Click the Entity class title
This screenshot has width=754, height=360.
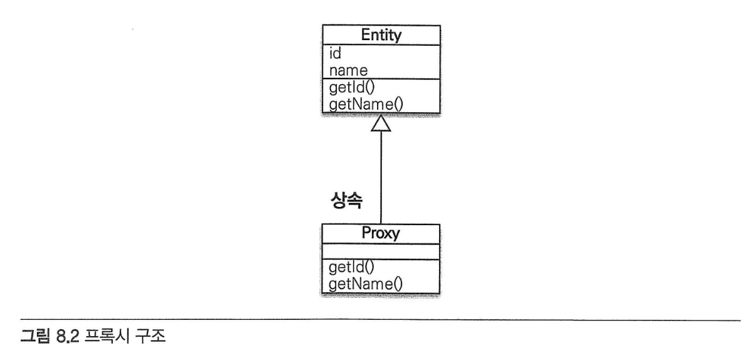click(381, 35)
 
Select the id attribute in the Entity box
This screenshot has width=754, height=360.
click(335, 53)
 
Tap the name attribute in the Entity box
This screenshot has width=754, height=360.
click(348, 71)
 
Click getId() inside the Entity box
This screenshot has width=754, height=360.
click(352, 88)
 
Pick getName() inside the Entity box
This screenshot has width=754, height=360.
click(366, 105)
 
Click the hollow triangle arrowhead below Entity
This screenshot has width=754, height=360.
click(381, 123)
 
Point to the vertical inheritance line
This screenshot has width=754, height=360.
click(381, 177)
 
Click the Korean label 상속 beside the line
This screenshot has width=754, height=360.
click(347, 201)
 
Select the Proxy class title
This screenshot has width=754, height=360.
click(381, 233)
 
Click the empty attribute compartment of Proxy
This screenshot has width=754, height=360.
click(381, 251)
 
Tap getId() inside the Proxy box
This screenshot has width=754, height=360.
click(351, 267)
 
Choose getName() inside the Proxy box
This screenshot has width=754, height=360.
click(366, 284)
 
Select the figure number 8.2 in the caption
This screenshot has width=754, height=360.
click(67, 336)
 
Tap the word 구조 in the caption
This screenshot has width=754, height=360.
click(151, 336)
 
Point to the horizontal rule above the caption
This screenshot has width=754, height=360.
click(380, 320)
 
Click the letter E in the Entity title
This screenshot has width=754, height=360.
click(366, 35)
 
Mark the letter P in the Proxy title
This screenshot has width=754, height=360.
click(366, 233)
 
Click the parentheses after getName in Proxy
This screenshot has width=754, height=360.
click(398, 285)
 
